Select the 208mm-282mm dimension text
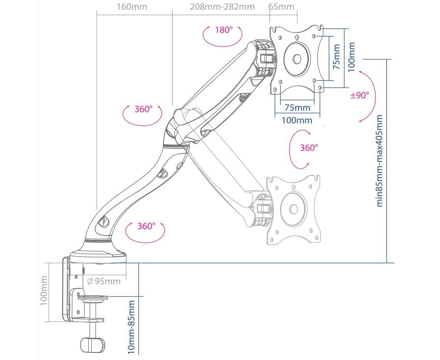[222, 7]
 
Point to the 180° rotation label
[223, 30]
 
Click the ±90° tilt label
[360, 95]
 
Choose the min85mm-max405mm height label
[380, 160]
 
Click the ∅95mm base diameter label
[104, 281]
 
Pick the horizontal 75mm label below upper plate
[297, 108]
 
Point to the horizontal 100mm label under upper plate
[297, 120]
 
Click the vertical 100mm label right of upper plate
[351, 57]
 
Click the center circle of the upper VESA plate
[297, 59]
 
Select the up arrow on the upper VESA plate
[297, 37]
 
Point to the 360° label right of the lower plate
[309, 147]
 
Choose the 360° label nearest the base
[146, 226]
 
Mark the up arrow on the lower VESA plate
[293, 187]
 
